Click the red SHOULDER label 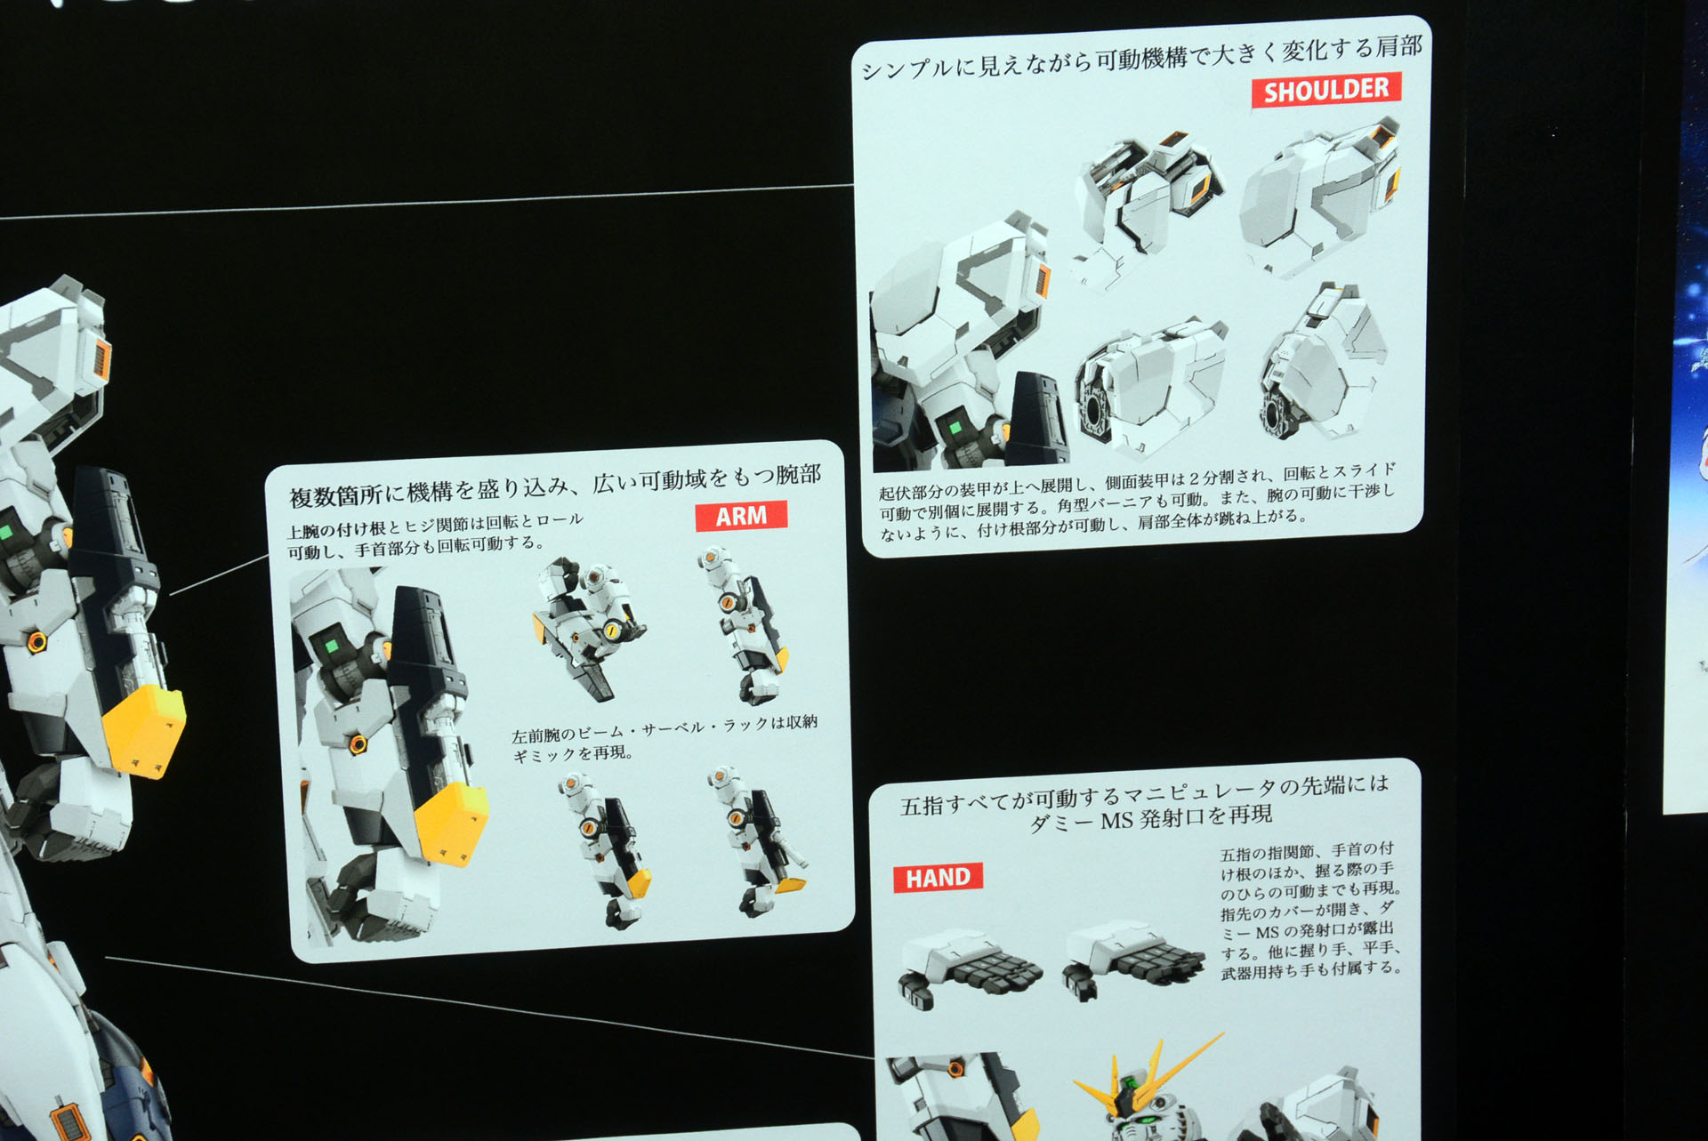click(x=1325, y=90)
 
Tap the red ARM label click(x=741, y=516)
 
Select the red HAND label click(x=938, y=878)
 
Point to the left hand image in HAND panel click(x=970, y=968)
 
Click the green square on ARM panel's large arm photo click(x=332, y=645)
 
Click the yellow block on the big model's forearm click(x=145, y=730)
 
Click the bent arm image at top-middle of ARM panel click(x=587, y=627)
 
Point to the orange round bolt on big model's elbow click(x=36, y=641)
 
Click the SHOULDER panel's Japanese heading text click(x=1141, y=57)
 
